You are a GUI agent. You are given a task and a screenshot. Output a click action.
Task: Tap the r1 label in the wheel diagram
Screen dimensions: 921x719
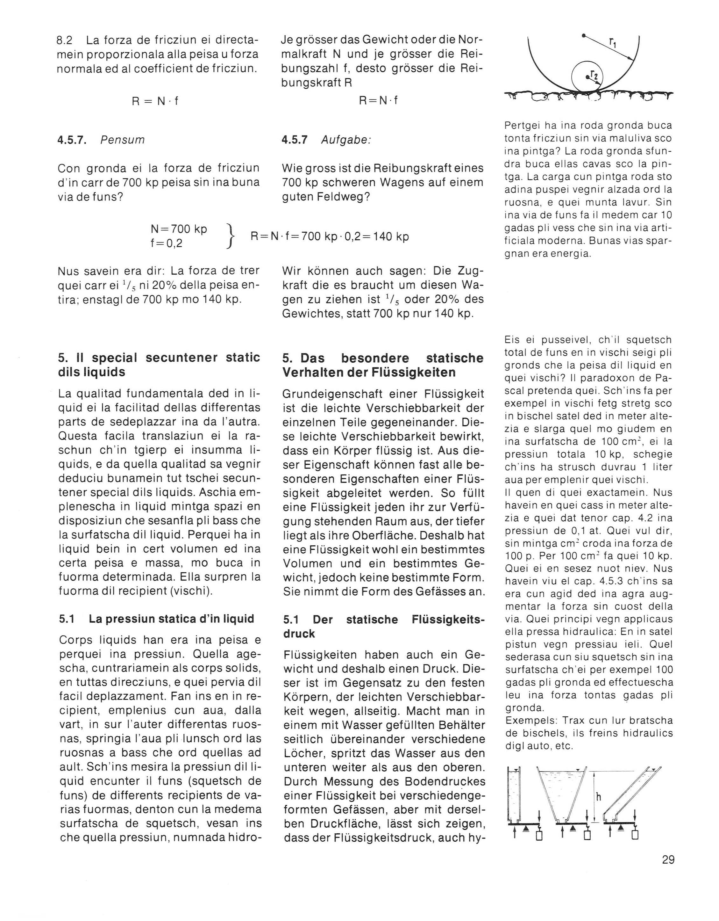coord(612,41)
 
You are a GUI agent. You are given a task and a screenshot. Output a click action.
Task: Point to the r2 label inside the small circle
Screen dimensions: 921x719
coord(594,75)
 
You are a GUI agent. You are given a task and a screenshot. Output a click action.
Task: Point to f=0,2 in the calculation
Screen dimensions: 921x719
coord(167,243)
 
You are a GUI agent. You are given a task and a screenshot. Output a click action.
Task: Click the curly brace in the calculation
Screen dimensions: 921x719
coord(230,236)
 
